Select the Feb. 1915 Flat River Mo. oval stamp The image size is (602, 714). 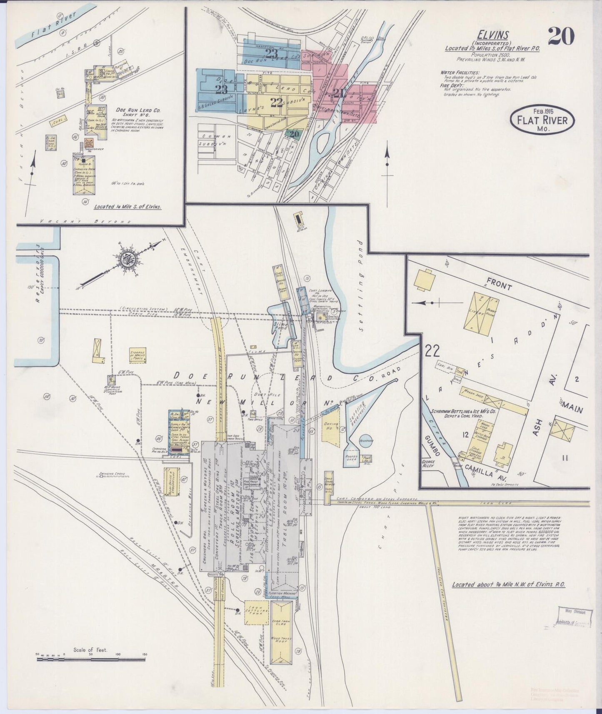tap(542, 120)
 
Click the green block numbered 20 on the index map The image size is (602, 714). tap(295, 134)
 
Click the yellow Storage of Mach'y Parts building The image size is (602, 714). tap(137, 355)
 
